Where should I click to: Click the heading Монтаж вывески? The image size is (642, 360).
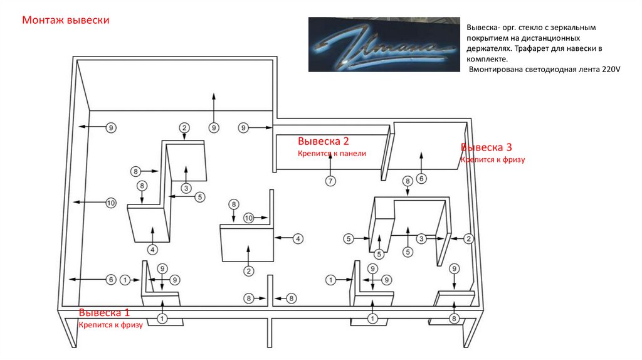coord(66,21)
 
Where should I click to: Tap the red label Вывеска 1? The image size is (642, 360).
coord(105,312)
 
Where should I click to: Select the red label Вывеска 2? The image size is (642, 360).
coord(323,141)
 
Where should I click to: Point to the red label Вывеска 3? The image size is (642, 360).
coord(487,147)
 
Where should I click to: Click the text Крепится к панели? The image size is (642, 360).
coord(332,153)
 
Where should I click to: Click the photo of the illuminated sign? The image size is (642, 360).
coord(380,44)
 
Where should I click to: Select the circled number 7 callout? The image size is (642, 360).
coord(330,181)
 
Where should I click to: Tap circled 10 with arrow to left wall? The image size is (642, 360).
coord(110,203)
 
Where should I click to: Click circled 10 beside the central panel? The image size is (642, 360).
coord(249,218)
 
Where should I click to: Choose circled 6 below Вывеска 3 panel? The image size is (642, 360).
coord(421,179)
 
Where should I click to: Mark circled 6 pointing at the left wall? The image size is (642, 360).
coord(110,279)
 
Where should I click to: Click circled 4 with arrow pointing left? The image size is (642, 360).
coord(298,238)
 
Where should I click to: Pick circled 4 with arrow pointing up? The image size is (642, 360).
coord(152,250)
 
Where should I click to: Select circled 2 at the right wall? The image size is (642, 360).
coord(468,238)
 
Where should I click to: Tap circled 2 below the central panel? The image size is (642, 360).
coord(249,271)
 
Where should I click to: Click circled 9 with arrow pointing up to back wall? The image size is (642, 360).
coord(214,128)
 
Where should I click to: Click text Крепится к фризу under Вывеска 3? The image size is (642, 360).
coord(492,160)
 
